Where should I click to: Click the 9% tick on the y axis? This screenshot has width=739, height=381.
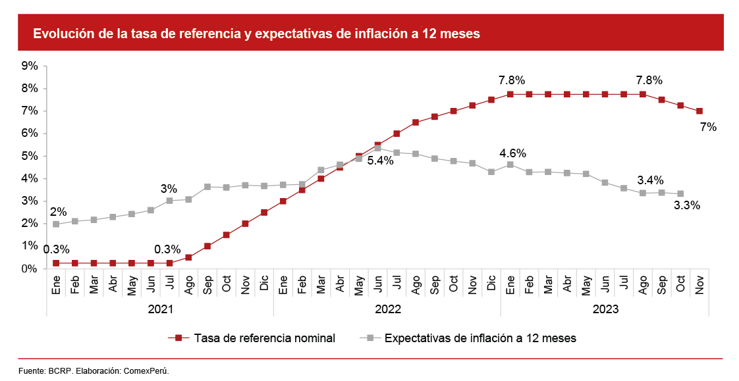(x=30, y=66)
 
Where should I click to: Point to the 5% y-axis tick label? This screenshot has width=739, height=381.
(x=30, y=156)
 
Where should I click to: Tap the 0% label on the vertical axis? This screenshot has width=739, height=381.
(x=30, y=268)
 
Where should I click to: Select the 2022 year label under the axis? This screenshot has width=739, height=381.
(x=387, y=308)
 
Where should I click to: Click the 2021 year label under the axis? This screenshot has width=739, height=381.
(x=160, y=308)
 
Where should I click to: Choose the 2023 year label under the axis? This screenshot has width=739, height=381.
(x=605, y=308)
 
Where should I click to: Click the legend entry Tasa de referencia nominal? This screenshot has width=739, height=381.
(x=264, y=338)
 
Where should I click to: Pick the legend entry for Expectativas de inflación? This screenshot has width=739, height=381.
(x=480, y=338)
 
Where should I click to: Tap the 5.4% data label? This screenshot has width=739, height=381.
(x=381, y=161)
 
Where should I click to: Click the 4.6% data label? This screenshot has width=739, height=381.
(x=512, y=154)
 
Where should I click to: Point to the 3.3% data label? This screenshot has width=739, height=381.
(x=687, y=205)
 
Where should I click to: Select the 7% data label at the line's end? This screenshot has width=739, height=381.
(x=709, y=128)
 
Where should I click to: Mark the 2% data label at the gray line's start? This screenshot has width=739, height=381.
(x=59, y=212)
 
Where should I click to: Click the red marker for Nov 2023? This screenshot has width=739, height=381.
(x=699, y=111)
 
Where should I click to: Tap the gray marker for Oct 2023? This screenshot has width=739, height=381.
(x=680, y=193)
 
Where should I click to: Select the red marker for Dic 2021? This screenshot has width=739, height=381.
(x=264, y=213)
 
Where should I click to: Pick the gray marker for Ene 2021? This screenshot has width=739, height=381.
(x=56, y=224)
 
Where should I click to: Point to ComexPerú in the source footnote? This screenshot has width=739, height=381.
(x=147, y=371)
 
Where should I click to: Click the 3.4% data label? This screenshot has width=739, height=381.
(x=650, y=180)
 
